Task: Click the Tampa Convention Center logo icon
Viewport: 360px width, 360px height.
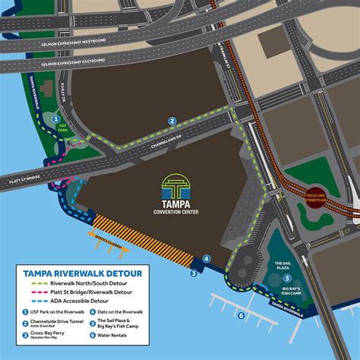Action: click(176, 185)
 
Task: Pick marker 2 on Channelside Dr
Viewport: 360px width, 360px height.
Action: click(172, 121)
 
